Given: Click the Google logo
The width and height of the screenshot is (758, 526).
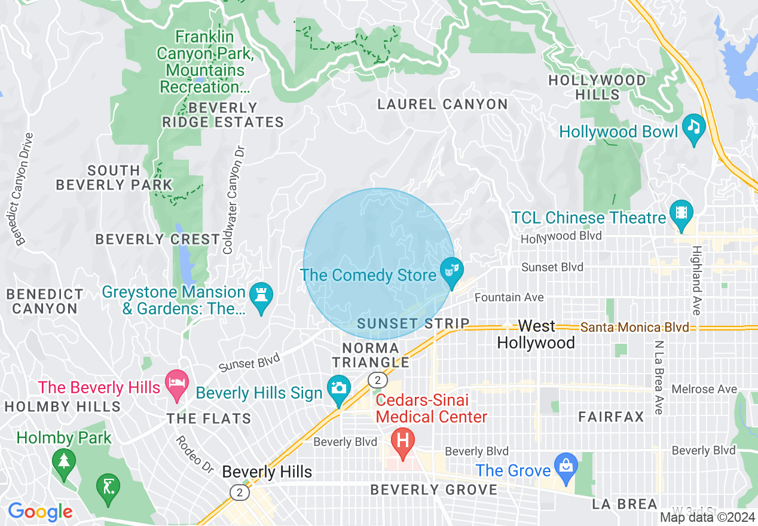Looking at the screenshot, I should pyautogui.click(x=40, y=512).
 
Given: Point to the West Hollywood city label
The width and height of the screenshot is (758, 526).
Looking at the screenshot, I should pyautogui.click(x=536, y=334).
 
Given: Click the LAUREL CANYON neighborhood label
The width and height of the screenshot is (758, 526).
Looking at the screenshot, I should pyautogui.click(x=442, y=105).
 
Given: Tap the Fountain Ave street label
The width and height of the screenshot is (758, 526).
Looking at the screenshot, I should pyautogui.click(x=509, y=297).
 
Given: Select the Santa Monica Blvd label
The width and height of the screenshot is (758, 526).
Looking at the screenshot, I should pyautogui.click(x=634, y=327).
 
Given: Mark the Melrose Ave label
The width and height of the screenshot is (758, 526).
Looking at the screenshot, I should pyautogui.click(x=704, y=389).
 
